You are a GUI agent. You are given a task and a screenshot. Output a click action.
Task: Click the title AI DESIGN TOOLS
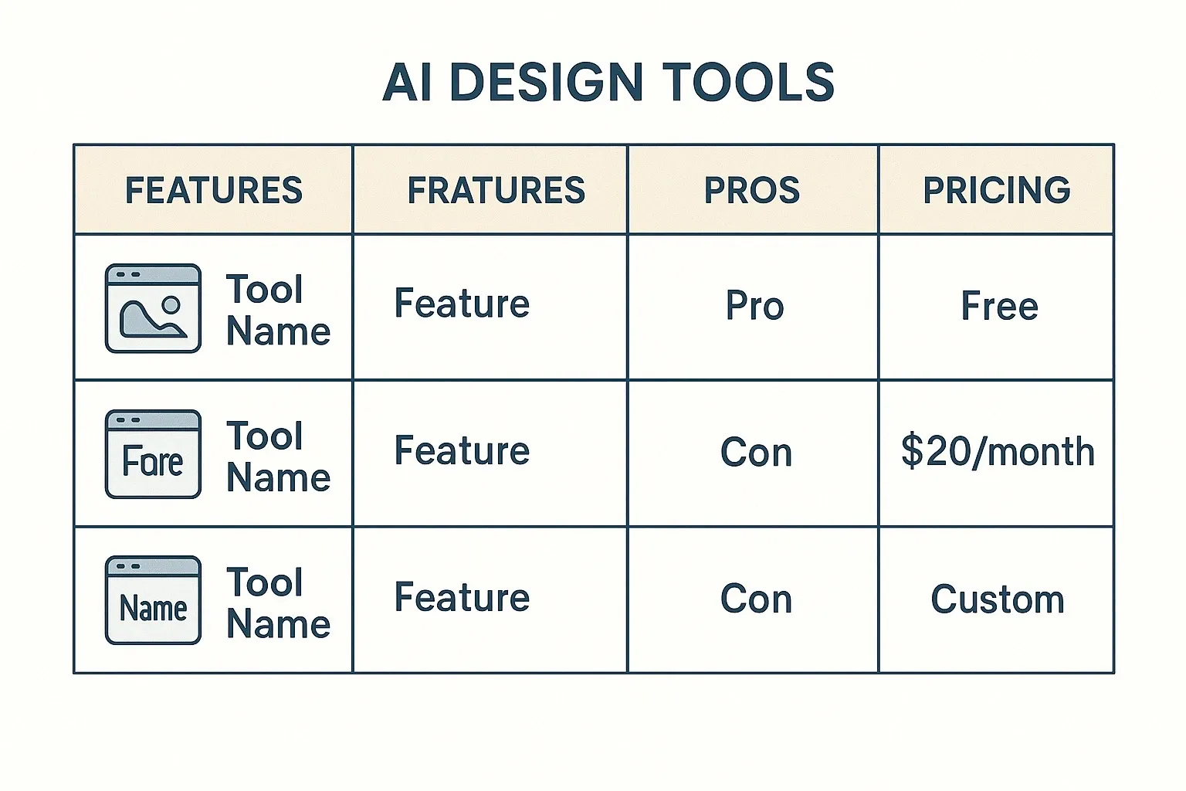[x=608, y=82]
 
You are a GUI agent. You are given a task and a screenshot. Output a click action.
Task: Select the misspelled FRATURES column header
[x=496, y=190]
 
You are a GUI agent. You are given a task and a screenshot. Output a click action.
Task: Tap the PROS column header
[x=751, y=190]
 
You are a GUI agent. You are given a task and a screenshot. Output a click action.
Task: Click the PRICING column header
[x=996, y=190]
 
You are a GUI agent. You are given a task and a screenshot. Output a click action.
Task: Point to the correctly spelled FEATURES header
[x=214, y=190]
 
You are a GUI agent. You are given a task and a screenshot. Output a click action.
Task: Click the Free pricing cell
[x=999, y=306]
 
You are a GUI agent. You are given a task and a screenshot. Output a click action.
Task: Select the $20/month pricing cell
[x=998, y=452]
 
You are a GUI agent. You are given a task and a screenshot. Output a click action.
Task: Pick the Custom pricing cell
[x=998, y=599]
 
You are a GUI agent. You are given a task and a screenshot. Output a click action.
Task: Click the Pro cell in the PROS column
[x=754, y=306]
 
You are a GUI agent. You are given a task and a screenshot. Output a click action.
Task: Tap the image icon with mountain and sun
[x=153, y=308]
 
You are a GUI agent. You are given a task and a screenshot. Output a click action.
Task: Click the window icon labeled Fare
[x=153, y=454]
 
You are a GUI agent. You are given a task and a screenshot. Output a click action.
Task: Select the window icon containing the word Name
[x=153, y=600]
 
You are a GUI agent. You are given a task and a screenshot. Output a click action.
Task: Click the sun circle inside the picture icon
[x=171, y=304]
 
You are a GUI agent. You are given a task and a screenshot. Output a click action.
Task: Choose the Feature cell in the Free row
[x=462, y=304]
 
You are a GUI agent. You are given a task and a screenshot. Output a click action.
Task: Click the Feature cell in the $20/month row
[x=462, y=451]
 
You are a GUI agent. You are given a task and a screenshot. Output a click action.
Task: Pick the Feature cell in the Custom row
[x=462, y=598]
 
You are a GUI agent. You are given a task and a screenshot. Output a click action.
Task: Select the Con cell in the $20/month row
[x=756, y=453]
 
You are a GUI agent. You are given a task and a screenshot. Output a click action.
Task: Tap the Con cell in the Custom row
[x=756, y=599]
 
